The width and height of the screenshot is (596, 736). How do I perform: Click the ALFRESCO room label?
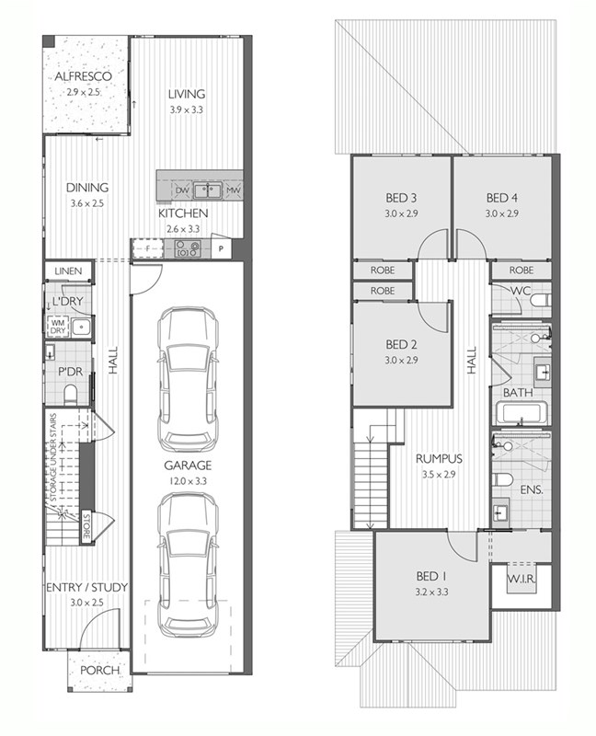tap(83, 76)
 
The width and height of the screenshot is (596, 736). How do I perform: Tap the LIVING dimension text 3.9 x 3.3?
tap(187, 109)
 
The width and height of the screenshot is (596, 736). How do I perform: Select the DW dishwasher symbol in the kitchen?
tap(182, 190)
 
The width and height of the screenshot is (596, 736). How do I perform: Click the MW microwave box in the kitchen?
tap(234, 190)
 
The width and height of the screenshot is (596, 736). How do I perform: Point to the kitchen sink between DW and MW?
tap(208, 190)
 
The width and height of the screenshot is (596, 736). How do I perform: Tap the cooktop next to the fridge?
tap(188, 248)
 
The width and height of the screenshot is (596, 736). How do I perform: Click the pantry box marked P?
tap(221, 248)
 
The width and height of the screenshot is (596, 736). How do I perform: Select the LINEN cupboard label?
tap(68, 271)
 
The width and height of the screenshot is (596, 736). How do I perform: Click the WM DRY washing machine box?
tap(58, 327)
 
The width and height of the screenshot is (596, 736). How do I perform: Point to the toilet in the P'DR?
tap(71, 395)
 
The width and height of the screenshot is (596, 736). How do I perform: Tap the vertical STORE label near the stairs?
tap(86, 526)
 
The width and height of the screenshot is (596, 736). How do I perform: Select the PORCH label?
tap(99, 671)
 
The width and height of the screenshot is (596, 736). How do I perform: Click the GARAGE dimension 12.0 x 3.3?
tap(188, 481)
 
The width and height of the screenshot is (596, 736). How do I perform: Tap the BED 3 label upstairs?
tap(401, 198)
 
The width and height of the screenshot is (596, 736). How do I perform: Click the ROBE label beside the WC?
tap(521, 270)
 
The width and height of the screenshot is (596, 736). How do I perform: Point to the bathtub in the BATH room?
tap(523, 413)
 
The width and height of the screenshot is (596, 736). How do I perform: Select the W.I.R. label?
tap(521, 579)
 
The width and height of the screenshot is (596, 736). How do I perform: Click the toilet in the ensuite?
tap(502, 479)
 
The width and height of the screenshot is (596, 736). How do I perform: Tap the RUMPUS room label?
tap(439, 458)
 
